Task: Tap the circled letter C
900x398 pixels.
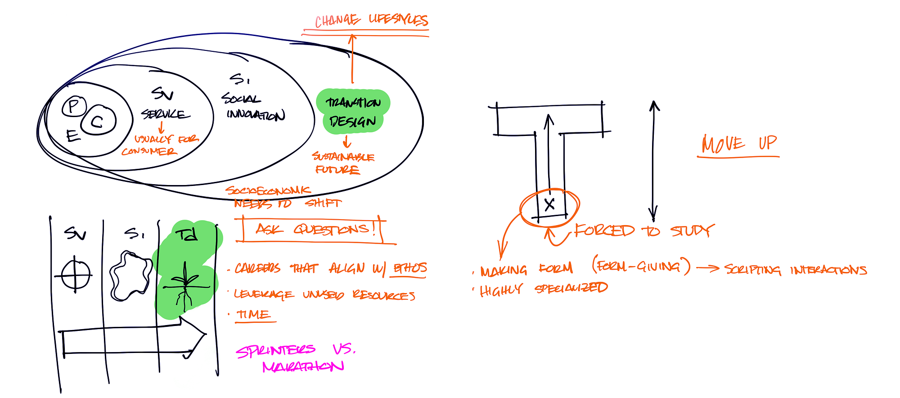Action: click(98, 121)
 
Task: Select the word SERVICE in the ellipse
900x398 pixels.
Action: click(163, 114)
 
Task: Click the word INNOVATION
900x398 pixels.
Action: click(256, 115)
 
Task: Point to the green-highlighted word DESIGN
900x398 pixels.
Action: click(352, 122)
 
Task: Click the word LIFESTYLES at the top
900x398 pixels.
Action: click(398, 19)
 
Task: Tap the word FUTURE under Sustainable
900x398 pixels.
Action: click(337, 170)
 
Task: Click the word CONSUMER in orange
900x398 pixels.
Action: click(149, 151)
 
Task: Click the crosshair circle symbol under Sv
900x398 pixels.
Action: click(75, 274)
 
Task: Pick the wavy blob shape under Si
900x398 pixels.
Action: click(130, 276)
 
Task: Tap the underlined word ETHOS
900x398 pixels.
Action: click(410, 268)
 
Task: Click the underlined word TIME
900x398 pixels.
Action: click(254, 314)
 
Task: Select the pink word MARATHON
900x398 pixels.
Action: click(303, 366)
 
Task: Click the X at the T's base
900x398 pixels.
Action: click(549, 205)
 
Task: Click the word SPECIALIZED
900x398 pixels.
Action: click(571, 288)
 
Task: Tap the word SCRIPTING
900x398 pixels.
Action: click(752, 270)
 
